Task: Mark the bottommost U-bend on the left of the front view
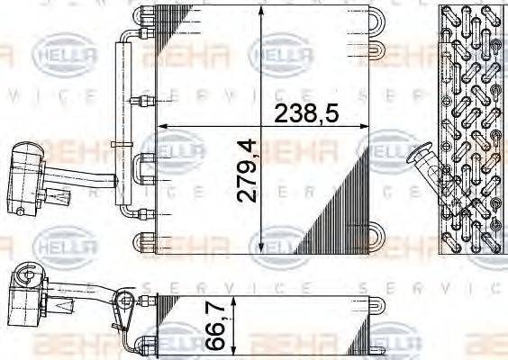(x=144, y=241)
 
